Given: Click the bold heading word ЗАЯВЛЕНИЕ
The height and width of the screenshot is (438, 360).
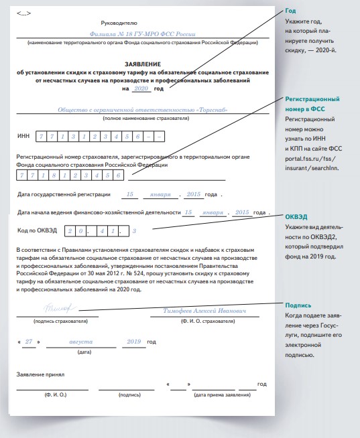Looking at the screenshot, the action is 143,64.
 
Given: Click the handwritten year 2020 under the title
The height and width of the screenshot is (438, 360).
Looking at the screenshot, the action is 141,88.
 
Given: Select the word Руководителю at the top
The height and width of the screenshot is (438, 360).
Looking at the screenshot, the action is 119,23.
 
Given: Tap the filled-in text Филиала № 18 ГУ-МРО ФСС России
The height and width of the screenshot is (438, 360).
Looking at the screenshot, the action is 142,34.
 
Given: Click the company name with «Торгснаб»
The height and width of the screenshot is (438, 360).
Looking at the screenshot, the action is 143,110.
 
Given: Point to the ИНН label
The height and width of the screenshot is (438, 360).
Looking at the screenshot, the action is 23,136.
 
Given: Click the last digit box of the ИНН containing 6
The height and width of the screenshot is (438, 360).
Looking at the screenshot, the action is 137,137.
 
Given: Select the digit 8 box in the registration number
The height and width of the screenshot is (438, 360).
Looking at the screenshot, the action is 54,175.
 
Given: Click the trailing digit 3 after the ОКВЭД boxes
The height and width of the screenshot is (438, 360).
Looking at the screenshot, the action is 134,231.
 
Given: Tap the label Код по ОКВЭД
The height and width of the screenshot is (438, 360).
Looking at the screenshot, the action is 37,230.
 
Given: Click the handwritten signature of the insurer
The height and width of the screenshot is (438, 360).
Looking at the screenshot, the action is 60,308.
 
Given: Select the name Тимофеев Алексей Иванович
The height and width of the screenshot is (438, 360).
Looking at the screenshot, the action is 204,311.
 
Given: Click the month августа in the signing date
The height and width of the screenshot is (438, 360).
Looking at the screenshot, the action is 81,342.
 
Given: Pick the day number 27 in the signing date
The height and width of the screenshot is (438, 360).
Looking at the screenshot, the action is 29,342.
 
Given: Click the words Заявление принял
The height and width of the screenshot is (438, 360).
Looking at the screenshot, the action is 40,374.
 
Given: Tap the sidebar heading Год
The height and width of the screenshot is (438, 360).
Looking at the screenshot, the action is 290,11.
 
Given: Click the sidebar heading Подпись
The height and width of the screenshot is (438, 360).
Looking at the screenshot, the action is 298,305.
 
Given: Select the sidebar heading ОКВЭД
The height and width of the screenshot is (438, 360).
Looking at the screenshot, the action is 296,217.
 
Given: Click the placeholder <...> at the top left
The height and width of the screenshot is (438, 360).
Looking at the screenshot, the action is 23,13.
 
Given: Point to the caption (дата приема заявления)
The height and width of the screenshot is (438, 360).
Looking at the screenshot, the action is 222,394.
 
